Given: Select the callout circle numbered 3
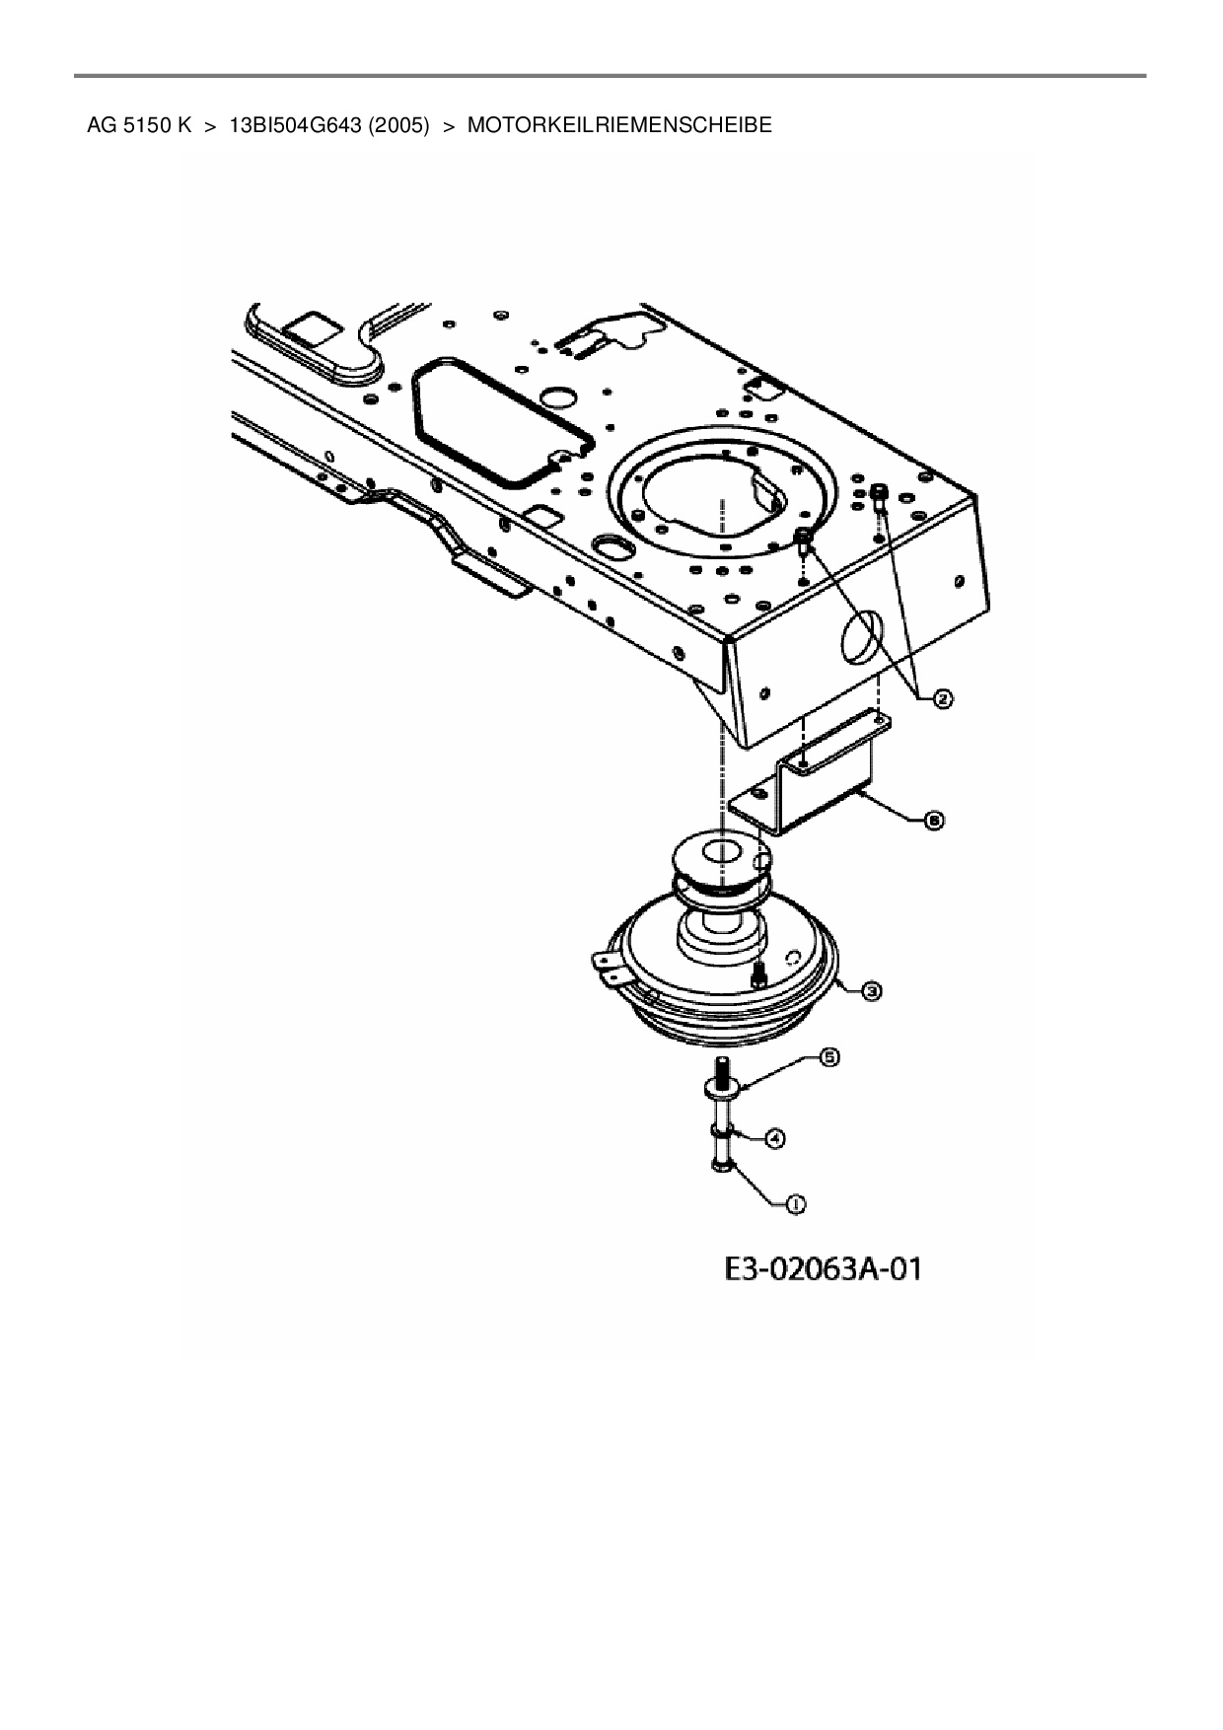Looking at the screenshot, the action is pyautogui.click(x=871, y=991).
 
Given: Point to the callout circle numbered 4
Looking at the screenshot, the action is pyautogui.click(x=776, y=1139).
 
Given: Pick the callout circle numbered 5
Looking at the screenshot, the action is pyautogui.click(x=829, y=1057).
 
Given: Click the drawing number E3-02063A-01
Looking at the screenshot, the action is pyautogui.click(x=823, y=1268).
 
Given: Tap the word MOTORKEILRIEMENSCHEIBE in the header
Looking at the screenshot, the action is pyautogui.click(x=619, y=126).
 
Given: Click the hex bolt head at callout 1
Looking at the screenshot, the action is pyautogui.click(x=719, y=1167).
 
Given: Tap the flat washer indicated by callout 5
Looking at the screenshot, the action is pyautogui.click(x=720, y=1090).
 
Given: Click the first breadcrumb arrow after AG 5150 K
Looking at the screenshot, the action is pyautogui.click(x=210, y=126).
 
